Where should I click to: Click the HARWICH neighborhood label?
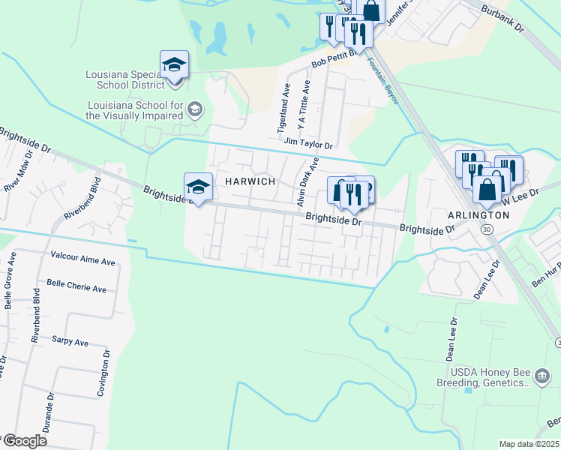click(247, 182)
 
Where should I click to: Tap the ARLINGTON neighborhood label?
click(478, 214)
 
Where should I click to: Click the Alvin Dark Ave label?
click(307, 182)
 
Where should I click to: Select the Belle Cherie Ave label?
click(76, 285)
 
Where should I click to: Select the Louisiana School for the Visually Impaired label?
click(134, 110)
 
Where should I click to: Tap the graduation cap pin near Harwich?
click(198, 186)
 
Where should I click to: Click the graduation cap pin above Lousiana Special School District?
click(174, 64)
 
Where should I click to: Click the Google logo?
click(24, 441)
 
